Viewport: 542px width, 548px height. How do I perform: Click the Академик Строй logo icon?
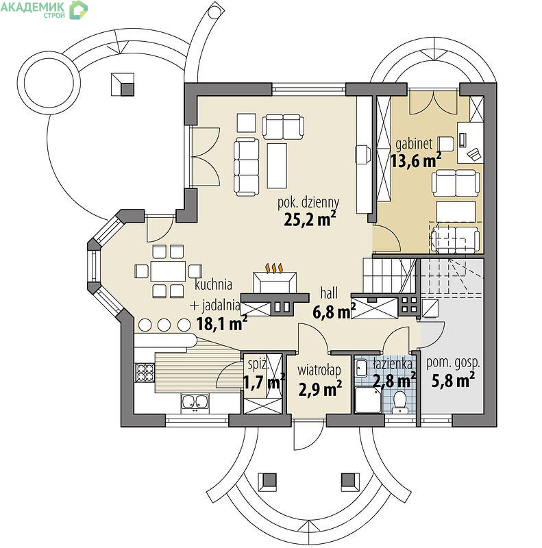pos(78,10)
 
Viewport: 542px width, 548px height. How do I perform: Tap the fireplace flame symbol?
pos(274,268)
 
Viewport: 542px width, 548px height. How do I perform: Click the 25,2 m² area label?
pos(310,219)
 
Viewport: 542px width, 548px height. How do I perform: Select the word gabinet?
pos(414,144)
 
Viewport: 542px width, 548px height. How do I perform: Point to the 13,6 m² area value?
pos(416,160)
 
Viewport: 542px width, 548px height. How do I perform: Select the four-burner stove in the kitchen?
pos(145,372)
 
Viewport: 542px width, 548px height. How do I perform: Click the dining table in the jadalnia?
pos(168,271)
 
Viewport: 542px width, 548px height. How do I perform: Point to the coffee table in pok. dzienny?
pos(277,165)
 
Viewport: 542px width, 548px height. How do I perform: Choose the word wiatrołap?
pos(319,370)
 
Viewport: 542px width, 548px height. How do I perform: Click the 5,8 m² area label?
pos(453,380)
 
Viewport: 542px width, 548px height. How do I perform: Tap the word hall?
pos(329,293)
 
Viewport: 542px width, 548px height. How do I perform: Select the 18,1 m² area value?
pos(222,323)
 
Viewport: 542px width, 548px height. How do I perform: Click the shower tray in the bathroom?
pos(368,400)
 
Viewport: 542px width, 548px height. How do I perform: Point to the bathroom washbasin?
pos(361,368)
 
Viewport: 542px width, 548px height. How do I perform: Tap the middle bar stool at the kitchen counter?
pos(164,325)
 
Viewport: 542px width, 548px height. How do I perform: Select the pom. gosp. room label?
pos(453,364)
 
